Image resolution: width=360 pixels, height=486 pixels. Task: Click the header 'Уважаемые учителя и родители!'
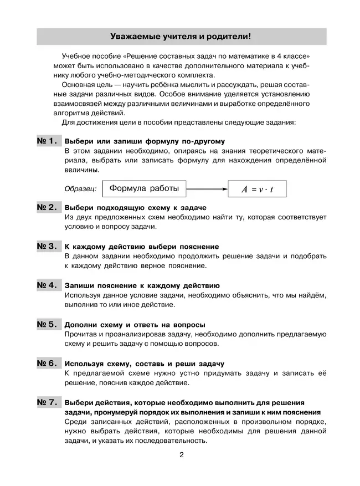pyautogui.click(x=181, y=37)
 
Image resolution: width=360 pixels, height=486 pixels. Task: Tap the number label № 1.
pyautogui.click(x=48, y=141)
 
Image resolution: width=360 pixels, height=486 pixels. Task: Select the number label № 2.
pyautogui.click(x=48, y=207)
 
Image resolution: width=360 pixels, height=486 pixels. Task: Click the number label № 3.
pyautogui.click(x=48, y=246)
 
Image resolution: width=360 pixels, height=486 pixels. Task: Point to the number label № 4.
pyautogui.click(x=48, y=285)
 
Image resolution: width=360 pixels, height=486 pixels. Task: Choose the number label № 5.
pyautogui.click(x=48, y=324)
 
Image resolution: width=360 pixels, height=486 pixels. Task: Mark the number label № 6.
pyautogui.click(x=48, y=364)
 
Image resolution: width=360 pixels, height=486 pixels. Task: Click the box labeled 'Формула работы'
pyautogui.click(x=144, y=189)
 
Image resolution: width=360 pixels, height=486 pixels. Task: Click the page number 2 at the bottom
pyautogui.click(x=181, y=456)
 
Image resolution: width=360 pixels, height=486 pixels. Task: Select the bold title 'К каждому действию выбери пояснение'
pyautogui.click(x=142, y=246)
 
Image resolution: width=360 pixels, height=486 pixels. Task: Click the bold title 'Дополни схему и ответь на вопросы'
pyautogui.click(x=135, y=324)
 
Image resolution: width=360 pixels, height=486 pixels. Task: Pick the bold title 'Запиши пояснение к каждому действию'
pyautogui.click(x=142, y=285)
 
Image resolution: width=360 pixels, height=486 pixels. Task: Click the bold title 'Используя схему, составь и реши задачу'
pyautogui.click(x=144, y=364)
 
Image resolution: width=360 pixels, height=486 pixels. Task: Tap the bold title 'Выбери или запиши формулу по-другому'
pyautogui.click(x=145, y=141)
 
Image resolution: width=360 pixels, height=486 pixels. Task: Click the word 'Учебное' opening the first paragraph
pyautogui.click(x=77, y=56)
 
